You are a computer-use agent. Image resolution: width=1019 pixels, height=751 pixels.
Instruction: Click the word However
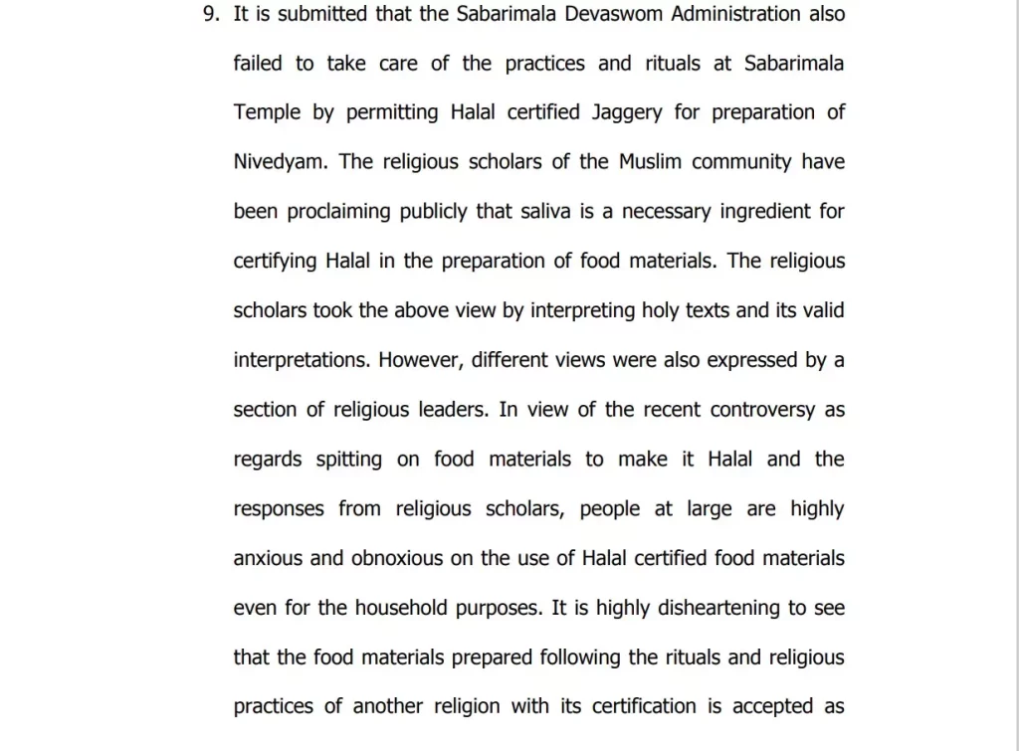pos(419,360)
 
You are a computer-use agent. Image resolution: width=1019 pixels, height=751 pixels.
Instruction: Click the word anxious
pos(269,558)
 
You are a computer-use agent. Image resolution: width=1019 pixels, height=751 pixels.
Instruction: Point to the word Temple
pos(267,112)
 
